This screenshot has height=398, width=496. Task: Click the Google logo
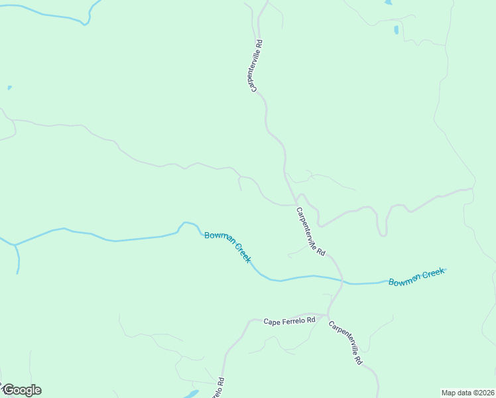22,390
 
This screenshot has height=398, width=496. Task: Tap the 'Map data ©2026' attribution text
467,392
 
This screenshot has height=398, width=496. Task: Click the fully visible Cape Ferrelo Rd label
290,321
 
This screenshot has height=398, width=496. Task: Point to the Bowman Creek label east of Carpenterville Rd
416,277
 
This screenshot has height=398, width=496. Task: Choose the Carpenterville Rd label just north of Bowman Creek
310,232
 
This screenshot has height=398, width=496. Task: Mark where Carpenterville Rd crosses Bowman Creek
343,281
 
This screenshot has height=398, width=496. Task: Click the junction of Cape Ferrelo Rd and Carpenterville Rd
328,314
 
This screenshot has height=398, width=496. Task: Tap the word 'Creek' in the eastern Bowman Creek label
432,273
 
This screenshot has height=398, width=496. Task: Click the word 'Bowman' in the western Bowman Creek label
219,239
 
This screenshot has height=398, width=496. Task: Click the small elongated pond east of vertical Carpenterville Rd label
396,30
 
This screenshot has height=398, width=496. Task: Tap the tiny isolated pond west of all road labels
9,88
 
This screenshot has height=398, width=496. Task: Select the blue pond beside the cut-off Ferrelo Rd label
190,394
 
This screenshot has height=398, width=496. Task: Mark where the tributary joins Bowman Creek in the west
15,245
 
